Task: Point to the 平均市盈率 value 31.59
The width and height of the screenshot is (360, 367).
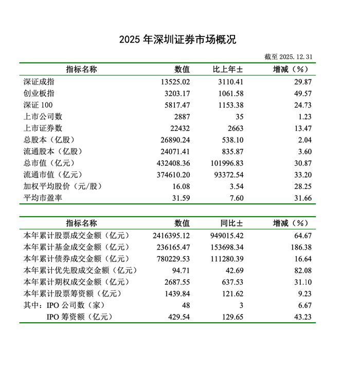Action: pos(179,198)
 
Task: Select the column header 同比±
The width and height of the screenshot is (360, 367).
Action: pos(229,223)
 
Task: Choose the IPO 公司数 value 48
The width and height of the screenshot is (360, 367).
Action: pos(186,305)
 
